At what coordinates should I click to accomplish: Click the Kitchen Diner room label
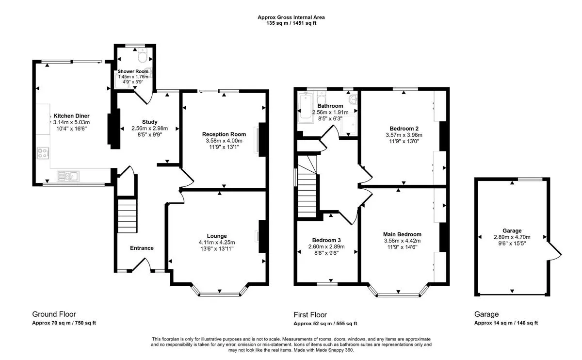(71, 116)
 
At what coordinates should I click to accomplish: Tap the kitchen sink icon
(68, 176)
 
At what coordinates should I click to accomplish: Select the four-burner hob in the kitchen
(43, 153)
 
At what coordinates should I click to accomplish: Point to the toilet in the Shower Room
(143, 55)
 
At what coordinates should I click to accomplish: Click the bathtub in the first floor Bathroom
(306, 108)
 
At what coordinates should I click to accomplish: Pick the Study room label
(150, 122)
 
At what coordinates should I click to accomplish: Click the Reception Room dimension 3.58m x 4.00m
(224, 141)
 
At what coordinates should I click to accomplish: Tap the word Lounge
(217, 236)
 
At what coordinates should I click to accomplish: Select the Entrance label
(142, 248)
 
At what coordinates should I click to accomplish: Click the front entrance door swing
(141, 264)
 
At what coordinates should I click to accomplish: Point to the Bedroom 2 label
(404, 129)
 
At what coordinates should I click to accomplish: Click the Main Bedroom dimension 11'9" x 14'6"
(402, 247)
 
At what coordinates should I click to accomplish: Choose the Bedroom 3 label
(326, 240)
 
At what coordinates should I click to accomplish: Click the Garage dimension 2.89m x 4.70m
(512, 237)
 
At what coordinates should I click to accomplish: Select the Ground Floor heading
(54, 314)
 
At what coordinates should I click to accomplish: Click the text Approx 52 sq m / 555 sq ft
(325, 323)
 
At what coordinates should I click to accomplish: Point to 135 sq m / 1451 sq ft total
(291, 23)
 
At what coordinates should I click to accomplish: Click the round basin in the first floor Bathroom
(354, 99)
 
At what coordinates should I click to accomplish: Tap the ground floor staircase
(127, 216)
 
